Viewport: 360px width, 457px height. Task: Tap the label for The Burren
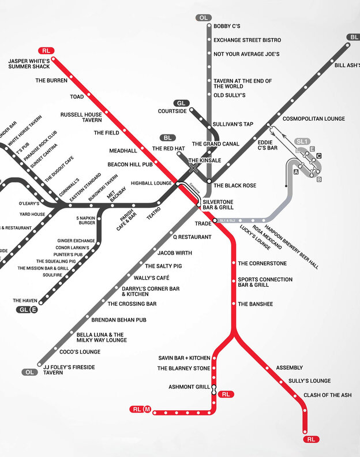point(51,81)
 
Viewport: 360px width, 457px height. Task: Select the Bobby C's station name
point(227,27)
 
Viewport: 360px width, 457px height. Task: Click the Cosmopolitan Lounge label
point(313,119)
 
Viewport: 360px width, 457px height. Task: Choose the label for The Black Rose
point(235,186)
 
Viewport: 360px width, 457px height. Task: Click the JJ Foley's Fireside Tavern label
point(69,370)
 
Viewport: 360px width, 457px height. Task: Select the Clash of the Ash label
point(328,395)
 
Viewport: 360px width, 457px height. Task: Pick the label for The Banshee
point(256,304)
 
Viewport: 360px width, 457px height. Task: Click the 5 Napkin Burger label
point(86,220)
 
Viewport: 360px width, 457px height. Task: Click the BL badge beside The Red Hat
point(168,138)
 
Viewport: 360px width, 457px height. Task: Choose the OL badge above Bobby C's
point(203,18)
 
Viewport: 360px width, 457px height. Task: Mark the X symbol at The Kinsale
point(194,168)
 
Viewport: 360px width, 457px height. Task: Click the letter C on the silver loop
point(318,156)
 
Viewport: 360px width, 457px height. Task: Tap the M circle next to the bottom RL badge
point(148,410)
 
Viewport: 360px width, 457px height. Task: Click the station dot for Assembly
point(267,368)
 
